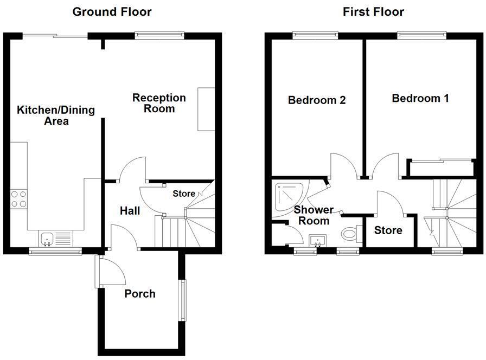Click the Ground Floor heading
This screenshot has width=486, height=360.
(x=112, y=11)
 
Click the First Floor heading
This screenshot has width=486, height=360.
(x=373, y=11)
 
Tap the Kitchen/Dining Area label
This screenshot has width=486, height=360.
(x=56, y=115)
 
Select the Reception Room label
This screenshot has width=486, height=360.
(x=159, y=103)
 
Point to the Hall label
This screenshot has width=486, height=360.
(x=130, y=210)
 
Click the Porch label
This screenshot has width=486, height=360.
(x=140, y=294)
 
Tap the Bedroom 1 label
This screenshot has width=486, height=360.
(x=420, y=98)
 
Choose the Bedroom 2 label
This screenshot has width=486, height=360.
(x=317, y=100)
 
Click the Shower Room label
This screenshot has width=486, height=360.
(x=314, y=215)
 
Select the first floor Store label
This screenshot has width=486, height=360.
(x=388, y=230)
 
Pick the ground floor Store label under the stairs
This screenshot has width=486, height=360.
(x=184, y=194)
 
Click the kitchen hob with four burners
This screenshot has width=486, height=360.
(x=19, y=200)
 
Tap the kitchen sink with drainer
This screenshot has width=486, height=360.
(x=55, y=238)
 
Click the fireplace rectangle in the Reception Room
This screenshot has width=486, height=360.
(x=206, y=108)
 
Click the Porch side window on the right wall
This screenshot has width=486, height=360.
(x=183, y=299)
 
